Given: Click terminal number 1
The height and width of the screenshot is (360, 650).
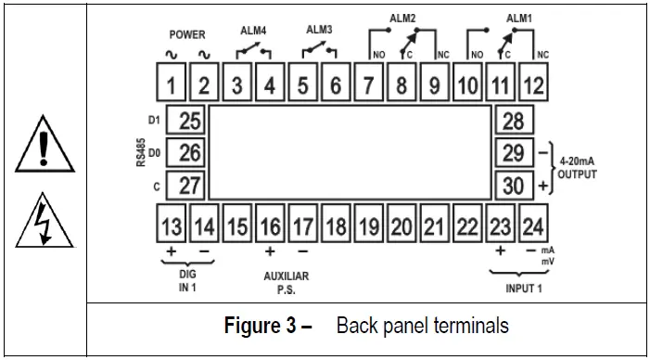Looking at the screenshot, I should point(172,86).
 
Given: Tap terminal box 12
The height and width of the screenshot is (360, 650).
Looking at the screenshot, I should point(534,86).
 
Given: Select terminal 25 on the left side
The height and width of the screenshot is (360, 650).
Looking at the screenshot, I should point(189,121).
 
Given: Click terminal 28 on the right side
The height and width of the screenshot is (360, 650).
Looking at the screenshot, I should point(513,121).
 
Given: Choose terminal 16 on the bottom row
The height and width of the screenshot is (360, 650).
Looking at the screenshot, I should point(270,225).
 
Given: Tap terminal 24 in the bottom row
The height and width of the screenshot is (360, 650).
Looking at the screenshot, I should point(532,225).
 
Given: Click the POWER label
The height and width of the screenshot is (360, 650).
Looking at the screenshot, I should point(186,34).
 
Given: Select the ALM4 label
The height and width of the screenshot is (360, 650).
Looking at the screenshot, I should point(254,30).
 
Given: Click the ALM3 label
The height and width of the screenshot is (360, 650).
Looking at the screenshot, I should point(319,30).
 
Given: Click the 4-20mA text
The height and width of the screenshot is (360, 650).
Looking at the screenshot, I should point(578,160).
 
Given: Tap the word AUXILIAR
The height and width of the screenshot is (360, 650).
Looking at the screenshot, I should point(287,276).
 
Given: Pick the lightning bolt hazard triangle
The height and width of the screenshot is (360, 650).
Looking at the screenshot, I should point(43,225).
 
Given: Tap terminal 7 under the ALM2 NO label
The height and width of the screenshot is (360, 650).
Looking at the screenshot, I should point(368,86).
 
